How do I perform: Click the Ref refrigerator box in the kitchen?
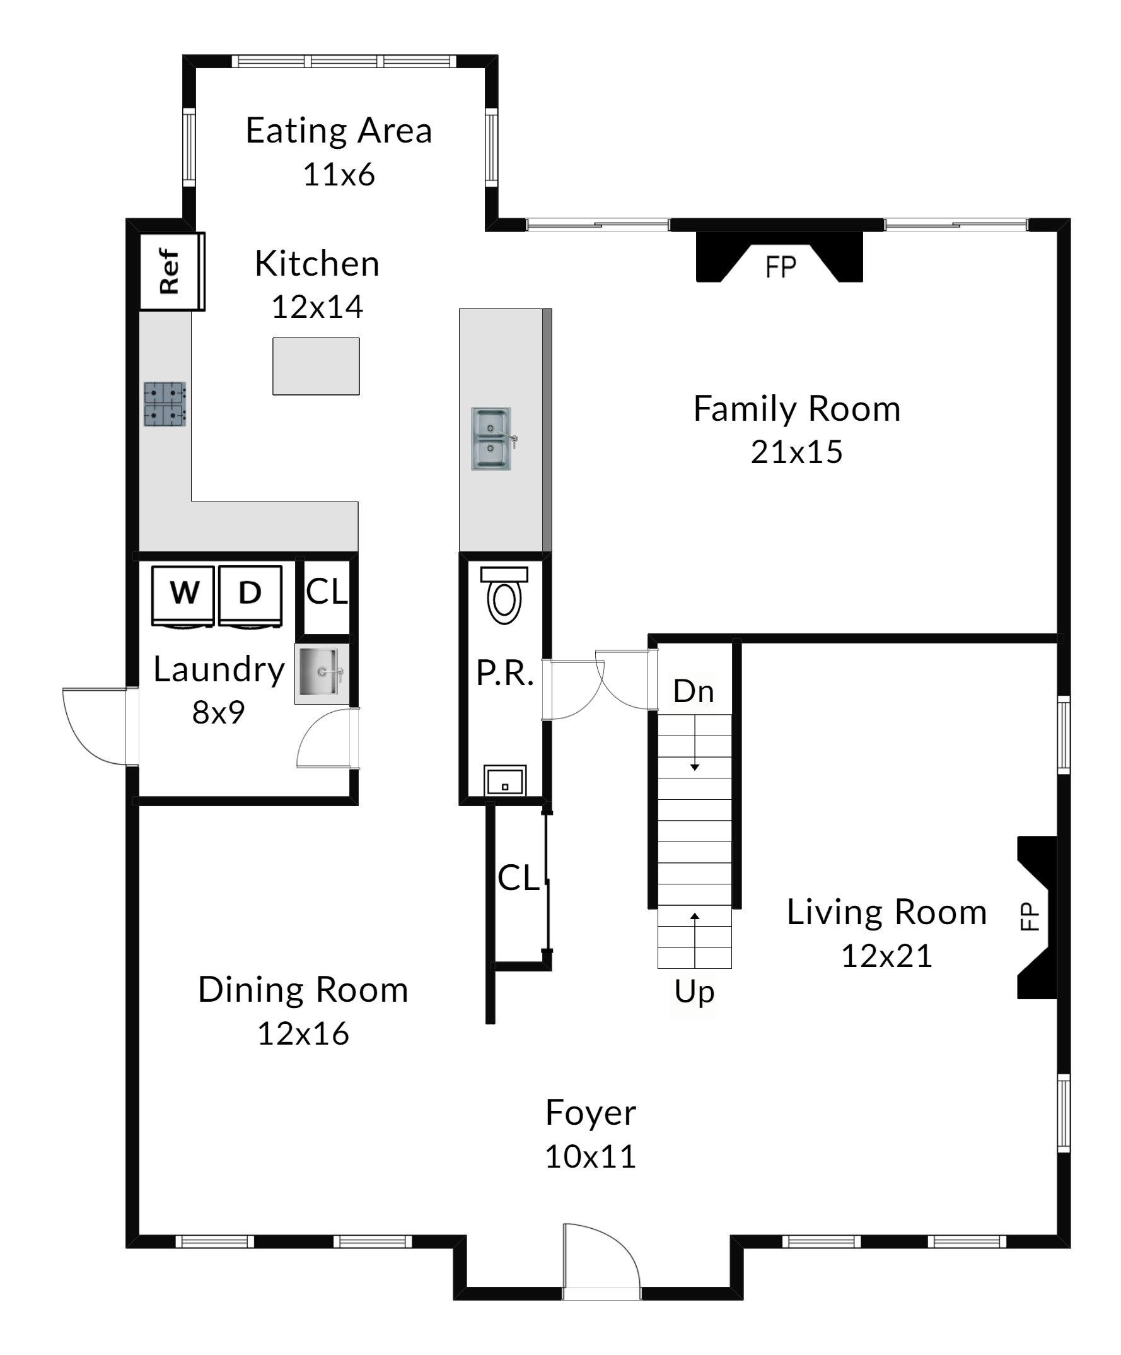pos(172,272)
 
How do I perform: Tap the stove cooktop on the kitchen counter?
pos(165,404)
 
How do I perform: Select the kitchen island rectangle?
pos(316,366)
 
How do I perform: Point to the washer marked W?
pos(183,595)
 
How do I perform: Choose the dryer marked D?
pos(250,595)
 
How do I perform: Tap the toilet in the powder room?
pos(504,595)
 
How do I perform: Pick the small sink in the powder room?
pos(505,780)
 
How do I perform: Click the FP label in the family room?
pos(781,267)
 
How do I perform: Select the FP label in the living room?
pos(1030,916)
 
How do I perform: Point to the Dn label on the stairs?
pos(694,691)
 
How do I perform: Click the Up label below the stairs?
pos(695,992)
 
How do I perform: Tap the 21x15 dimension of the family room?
pos(796,452)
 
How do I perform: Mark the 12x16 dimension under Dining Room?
pos(303,1034)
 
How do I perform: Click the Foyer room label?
pos(591,1112)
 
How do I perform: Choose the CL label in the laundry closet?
pos(327,592)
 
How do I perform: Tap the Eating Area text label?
pos(339,131)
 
